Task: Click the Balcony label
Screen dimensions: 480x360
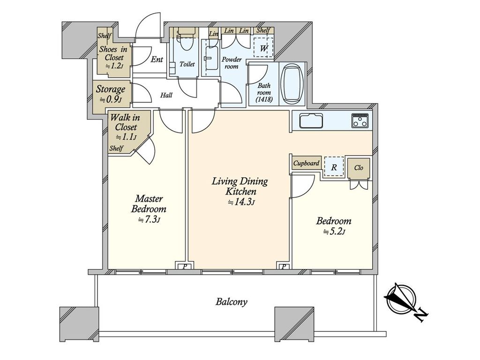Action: coord(231,302)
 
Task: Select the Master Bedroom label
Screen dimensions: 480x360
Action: coord(149,204)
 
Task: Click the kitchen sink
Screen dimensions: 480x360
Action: coord(311,120)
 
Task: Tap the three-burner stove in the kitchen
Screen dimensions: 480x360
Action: coord(360,120)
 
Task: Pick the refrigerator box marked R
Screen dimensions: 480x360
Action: coord(334,167)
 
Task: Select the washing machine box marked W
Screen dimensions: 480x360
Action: coord(263,47)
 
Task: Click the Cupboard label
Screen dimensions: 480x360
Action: coord(306,164)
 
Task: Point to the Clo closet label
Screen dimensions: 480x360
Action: coord(359,167)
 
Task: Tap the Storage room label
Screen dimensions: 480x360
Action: coord(111,90)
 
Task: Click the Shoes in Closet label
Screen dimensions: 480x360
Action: coord(113,53)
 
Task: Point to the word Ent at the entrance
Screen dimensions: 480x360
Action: coord(157,59)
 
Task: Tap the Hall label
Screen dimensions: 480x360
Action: coord(166,95)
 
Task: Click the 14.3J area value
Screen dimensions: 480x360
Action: coord(241,202)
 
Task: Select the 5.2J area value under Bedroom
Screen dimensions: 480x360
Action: coord(334,232)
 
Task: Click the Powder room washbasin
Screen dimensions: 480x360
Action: coord(212,58)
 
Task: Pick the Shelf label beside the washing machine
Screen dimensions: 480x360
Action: coord(263,30)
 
